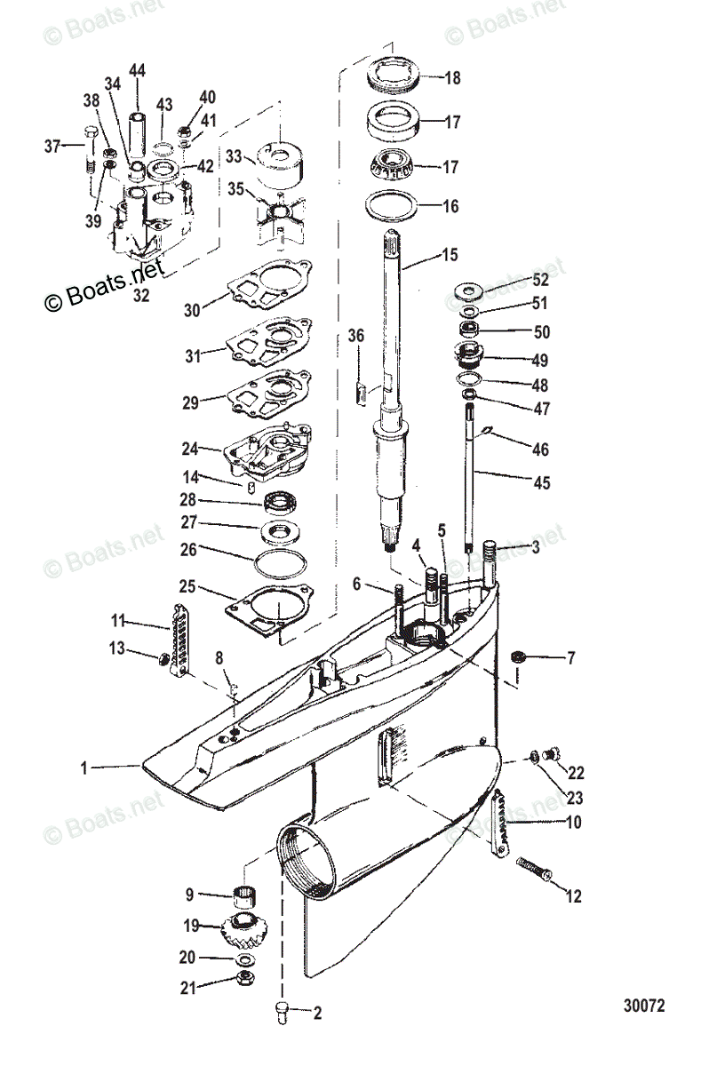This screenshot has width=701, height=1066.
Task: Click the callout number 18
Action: click(x=452, y=78)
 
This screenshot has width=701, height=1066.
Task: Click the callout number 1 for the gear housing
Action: click(x=84, y=767)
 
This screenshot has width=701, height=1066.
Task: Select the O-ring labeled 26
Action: click(x=281, y=562)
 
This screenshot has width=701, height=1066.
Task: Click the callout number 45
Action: click(x=541, y=483)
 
